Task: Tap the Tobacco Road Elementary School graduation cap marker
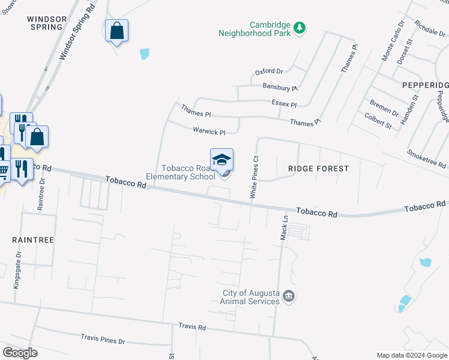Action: click(x=221, y=160)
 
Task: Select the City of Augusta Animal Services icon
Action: click(x=289, y=296)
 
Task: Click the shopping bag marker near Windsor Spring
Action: click(x=116, y=31)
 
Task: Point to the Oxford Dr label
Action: click(x=269, y=71)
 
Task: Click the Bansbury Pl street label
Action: click(x=280, y=87)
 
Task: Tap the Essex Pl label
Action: click(x=284, y=104)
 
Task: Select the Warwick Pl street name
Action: click(x=209, y=131)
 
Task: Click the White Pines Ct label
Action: click(x=255, y=178)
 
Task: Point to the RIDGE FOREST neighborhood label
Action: click(x=318, y=169)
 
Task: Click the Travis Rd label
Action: click(x=192, y=327)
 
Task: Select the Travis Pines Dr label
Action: click(x=103, y=340)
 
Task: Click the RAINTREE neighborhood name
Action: click(x=33, y=240)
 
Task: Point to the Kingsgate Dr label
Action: click(x=18, y=269)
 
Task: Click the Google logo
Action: click(x=20, y=353)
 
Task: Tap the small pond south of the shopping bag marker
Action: click(x=144, y=54)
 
